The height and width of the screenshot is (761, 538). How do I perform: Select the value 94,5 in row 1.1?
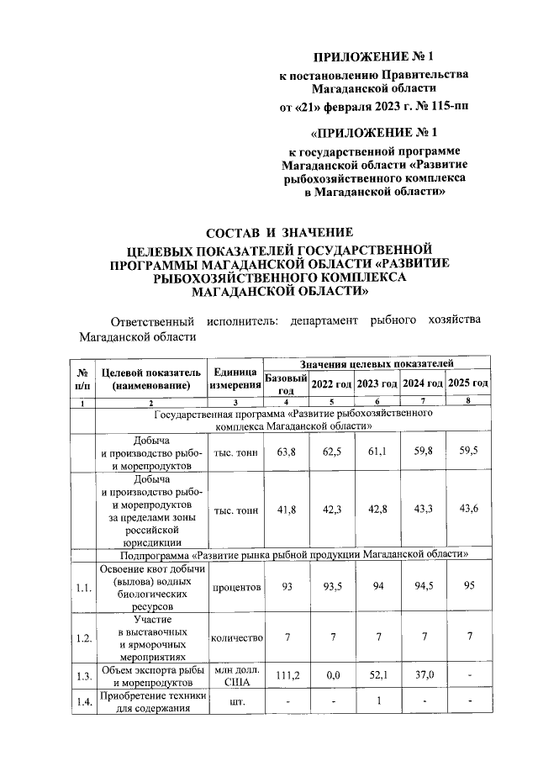coord(423,587)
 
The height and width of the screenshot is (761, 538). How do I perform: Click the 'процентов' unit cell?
coord(236,587)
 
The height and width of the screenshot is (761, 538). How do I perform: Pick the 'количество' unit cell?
coord(236,638)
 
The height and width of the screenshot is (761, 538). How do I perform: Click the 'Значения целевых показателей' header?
coord(377,362)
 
